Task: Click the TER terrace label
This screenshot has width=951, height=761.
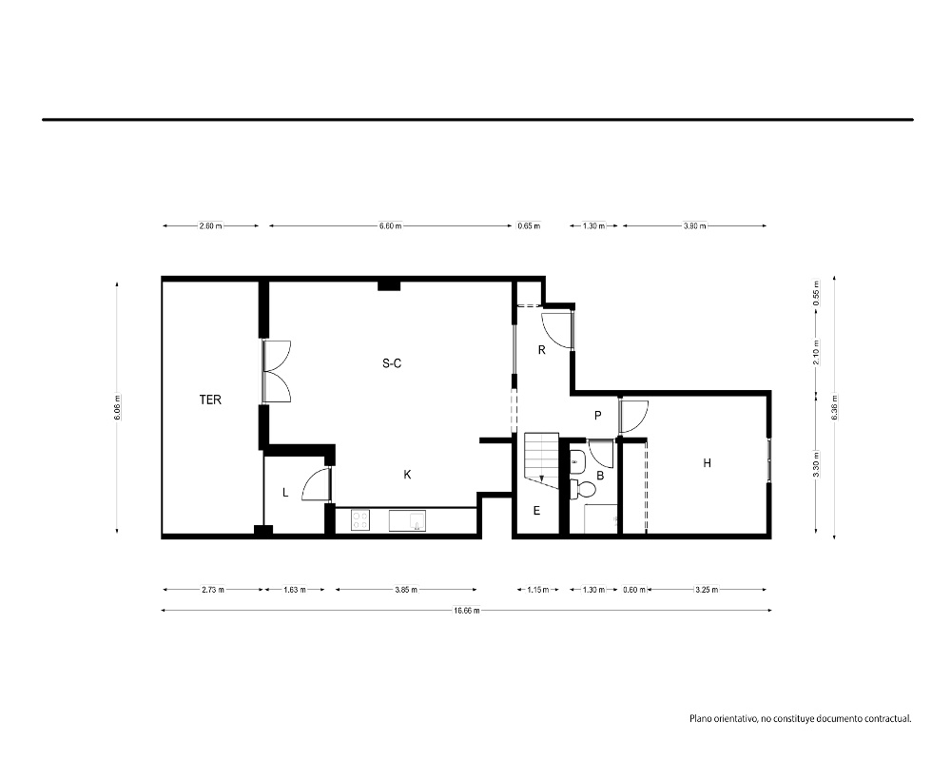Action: coord(210,400)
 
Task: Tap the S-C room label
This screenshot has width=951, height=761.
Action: coord(392,363)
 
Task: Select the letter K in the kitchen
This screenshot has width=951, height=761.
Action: coord(408,475)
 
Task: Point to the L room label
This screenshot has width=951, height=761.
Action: coord(285,493)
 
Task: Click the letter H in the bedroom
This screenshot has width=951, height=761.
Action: coord(708,463)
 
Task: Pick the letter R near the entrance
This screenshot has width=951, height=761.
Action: coord(542,349)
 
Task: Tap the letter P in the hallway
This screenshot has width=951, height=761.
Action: coord(598,416)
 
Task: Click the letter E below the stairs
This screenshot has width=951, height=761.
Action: coord(536,511)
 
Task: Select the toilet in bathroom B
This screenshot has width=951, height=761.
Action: coord(584,489)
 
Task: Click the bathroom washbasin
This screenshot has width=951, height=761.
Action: coord(577,462)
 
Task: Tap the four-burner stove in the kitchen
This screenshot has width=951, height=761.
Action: coord(360,520)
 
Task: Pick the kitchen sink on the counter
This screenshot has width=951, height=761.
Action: coord(407,520)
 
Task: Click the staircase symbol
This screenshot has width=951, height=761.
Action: coord(542,459)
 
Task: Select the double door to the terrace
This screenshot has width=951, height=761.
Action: coord(277,371)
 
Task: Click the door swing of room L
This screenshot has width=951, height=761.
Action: coord(316,485)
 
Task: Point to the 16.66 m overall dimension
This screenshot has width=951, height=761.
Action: coord(466,611)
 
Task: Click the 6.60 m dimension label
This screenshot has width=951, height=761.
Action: coord(391,225)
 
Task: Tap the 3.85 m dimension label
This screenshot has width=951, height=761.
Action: coord(406,589)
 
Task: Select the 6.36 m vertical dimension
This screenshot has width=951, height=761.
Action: coord(835,407)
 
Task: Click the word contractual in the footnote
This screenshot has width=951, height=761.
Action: coord(887,719)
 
